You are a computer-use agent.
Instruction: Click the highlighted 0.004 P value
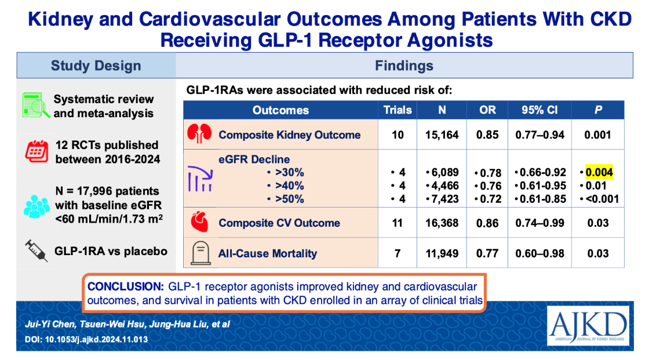(599, 172)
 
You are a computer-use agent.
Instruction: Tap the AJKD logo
(588, 326)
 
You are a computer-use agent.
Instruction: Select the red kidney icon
(199, 134)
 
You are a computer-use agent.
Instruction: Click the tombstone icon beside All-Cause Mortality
(200, 253)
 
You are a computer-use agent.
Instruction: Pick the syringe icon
(37, 250)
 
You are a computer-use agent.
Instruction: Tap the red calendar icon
(37, 151)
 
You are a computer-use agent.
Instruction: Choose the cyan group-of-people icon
(37, 206)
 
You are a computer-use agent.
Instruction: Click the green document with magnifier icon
(36, 106)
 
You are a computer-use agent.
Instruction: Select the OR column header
(487, 110)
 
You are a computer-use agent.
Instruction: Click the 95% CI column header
(539, 110)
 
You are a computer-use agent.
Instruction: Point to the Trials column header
(398, 110)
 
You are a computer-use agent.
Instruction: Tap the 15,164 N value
(442, 134)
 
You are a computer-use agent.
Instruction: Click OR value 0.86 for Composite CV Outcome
(487, 223)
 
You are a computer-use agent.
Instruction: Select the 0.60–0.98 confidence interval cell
(539, 253)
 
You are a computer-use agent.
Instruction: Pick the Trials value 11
(398, 223)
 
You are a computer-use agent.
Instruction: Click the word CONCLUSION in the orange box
(126, 286)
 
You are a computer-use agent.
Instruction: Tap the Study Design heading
(96, 66)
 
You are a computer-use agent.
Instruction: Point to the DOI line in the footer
(86, 339)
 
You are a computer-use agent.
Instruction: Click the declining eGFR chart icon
(200, 179)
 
